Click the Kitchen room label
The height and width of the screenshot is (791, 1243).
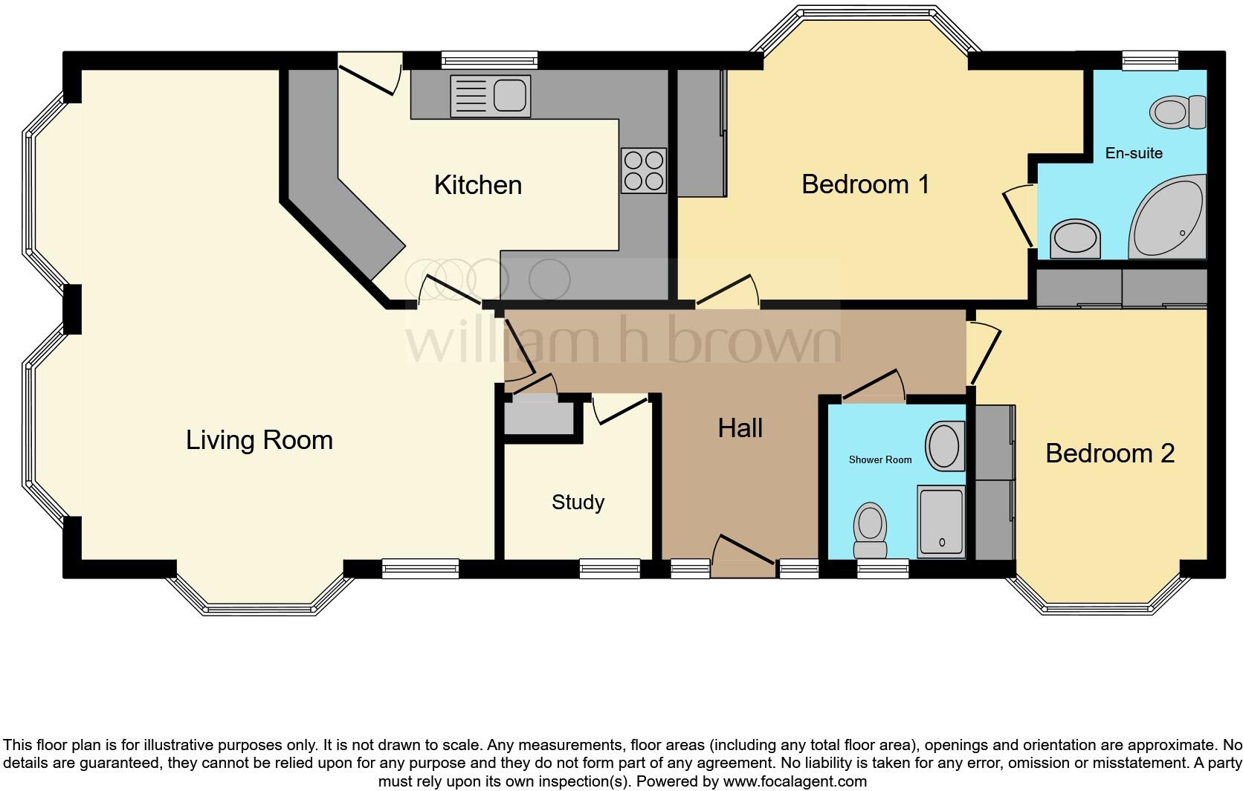pos(478,185)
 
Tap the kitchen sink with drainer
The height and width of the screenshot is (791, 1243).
pos(491,96)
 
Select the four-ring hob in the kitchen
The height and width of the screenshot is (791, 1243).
pos(644,170)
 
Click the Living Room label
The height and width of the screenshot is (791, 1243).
pos(259,440)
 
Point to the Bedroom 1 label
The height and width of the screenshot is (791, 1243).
pos(865,184)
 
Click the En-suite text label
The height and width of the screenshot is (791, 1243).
pos(1134,153)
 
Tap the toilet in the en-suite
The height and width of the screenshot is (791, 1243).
pos(1178,112)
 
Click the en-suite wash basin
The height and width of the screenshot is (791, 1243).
pos(1075,239)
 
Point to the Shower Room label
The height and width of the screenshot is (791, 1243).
pos(880,459)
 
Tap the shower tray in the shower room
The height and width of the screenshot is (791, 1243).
pos(941,521)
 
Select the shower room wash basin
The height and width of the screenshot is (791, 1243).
pos(943,446)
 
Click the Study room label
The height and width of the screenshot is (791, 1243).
pos(578,503)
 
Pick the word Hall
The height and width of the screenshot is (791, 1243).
pos(740,428)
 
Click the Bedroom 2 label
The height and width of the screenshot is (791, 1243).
pos(1110,453)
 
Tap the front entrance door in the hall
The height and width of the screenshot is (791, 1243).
pos(744,553)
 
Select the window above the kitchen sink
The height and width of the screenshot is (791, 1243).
pos(488,59)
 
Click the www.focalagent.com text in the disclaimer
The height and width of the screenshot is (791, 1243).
pos(794,781)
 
